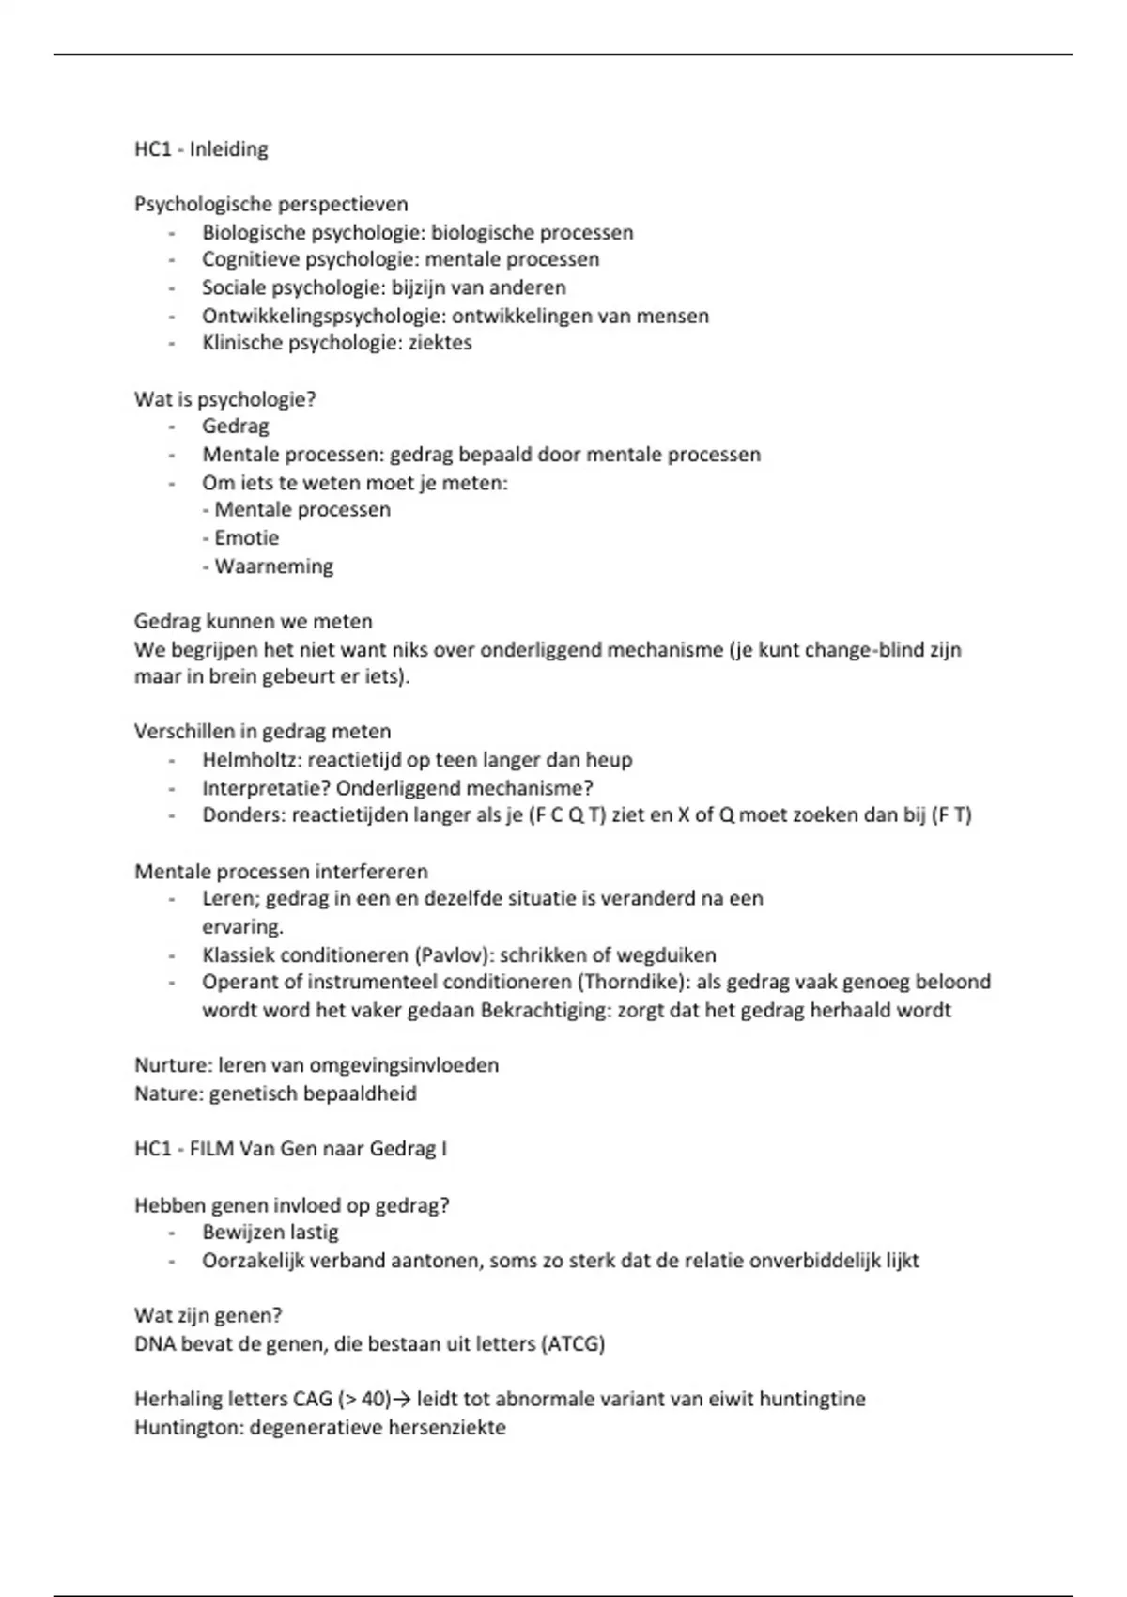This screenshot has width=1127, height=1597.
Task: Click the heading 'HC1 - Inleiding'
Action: (201, 149)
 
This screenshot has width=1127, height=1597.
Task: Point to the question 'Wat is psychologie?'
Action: (225, 399)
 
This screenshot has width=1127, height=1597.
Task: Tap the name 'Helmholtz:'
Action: (251, 760)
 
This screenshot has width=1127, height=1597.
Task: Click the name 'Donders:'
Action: (243, 815)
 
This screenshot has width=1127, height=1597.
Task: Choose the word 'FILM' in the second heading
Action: (211, 1149)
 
